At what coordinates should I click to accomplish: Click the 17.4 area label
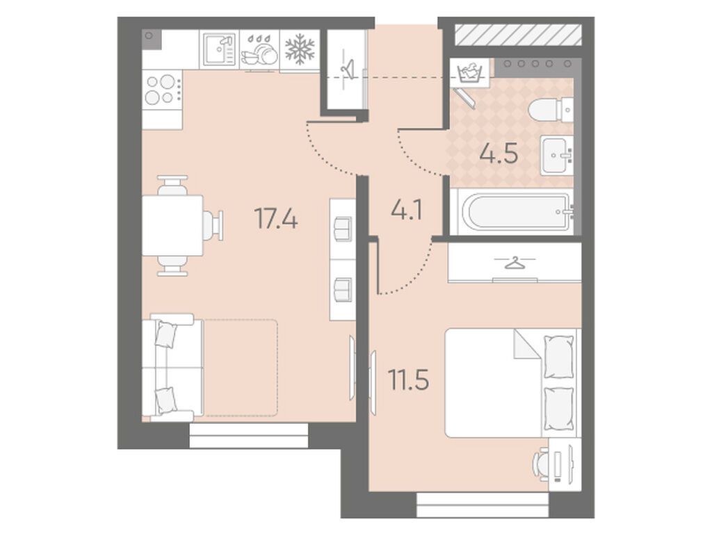click(276, 218)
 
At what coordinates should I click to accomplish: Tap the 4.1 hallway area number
click(407, 210)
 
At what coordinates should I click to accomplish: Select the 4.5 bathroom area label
click(499, 154)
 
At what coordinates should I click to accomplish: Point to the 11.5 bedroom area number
click(409, 379)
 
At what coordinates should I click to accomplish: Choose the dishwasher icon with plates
click(259, 51)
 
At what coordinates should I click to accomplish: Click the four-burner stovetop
click(162, 90)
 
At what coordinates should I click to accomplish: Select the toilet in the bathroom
click(551, 109)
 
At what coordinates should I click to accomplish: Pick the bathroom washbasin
click(557, 154)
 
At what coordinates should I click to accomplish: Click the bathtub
click(517, 211)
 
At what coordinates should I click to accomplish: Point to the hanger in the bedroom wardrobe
click(514, 263)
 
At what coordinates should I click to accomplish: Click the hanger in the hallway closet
click(348, 68)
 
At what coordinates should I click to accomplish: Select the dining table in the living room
click(172, 226)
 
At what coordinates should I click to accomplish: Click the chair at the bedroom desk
click(541, 465)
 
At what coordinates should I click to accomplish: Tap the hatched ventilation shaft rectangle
click(518, 35)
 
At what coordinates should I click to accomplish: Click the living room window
click(249, 436)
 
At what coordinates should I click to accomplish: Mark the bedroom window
click(483, 505)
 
